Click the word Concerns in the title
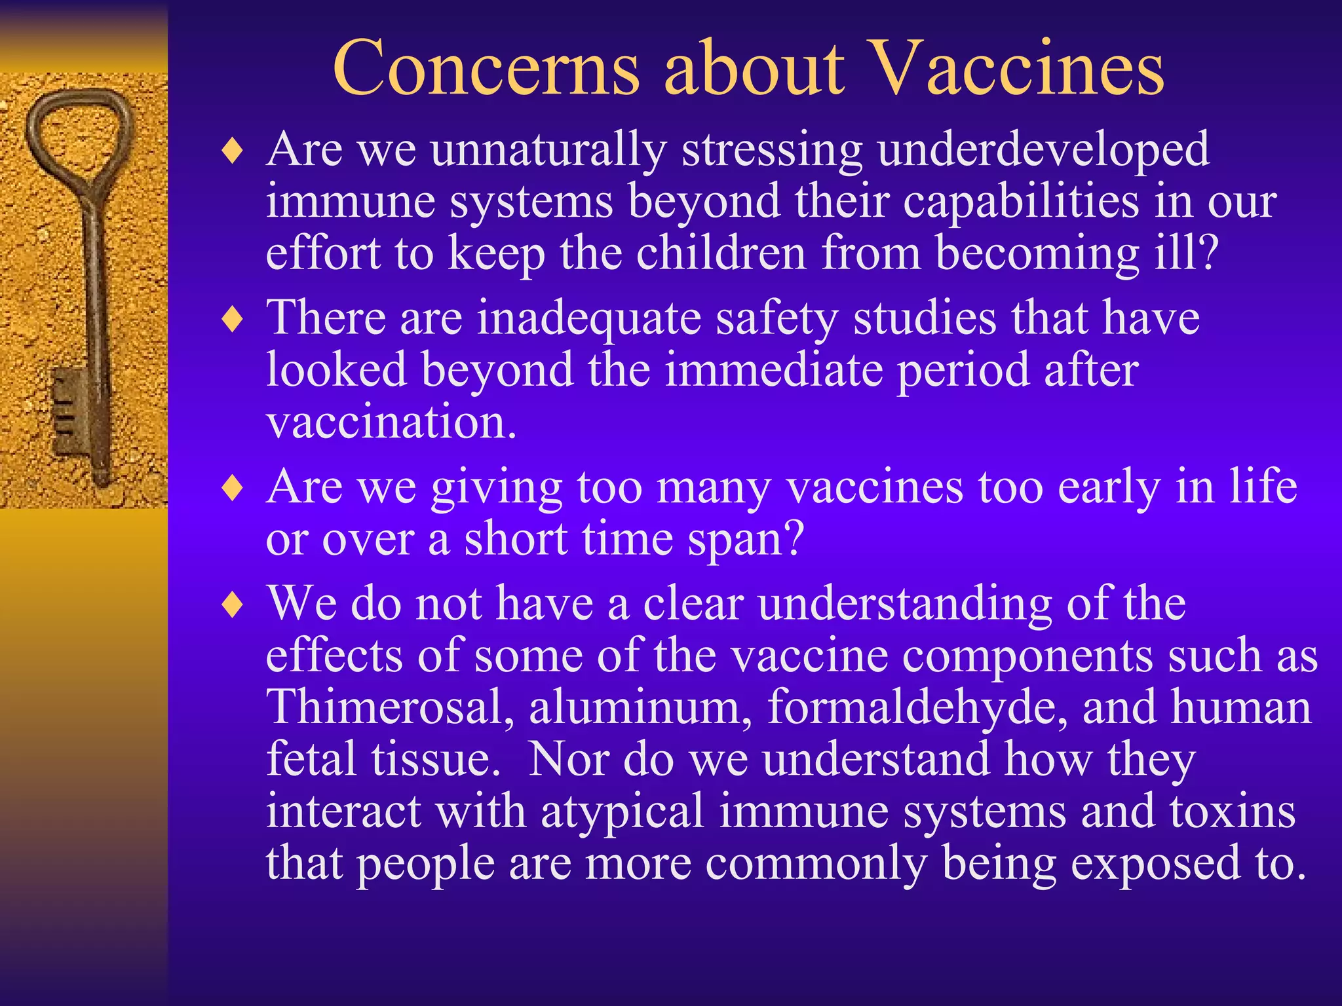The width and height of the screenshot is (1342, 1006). click(x=486, y=69)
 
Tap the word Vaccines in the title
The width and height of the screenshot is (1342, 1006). click(x=1018, y=69)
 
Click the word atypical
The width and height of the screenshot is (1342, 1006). click(x=622, y=812)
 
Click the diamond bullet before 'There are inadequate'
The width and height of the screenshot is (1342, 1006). click(x=233, y=320)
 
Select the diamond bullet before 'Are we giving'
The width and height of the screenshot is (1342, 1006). click(x=233, y=489)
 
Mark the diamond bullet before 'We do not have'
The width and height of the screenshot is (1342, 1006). click(x=233, y=605)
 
